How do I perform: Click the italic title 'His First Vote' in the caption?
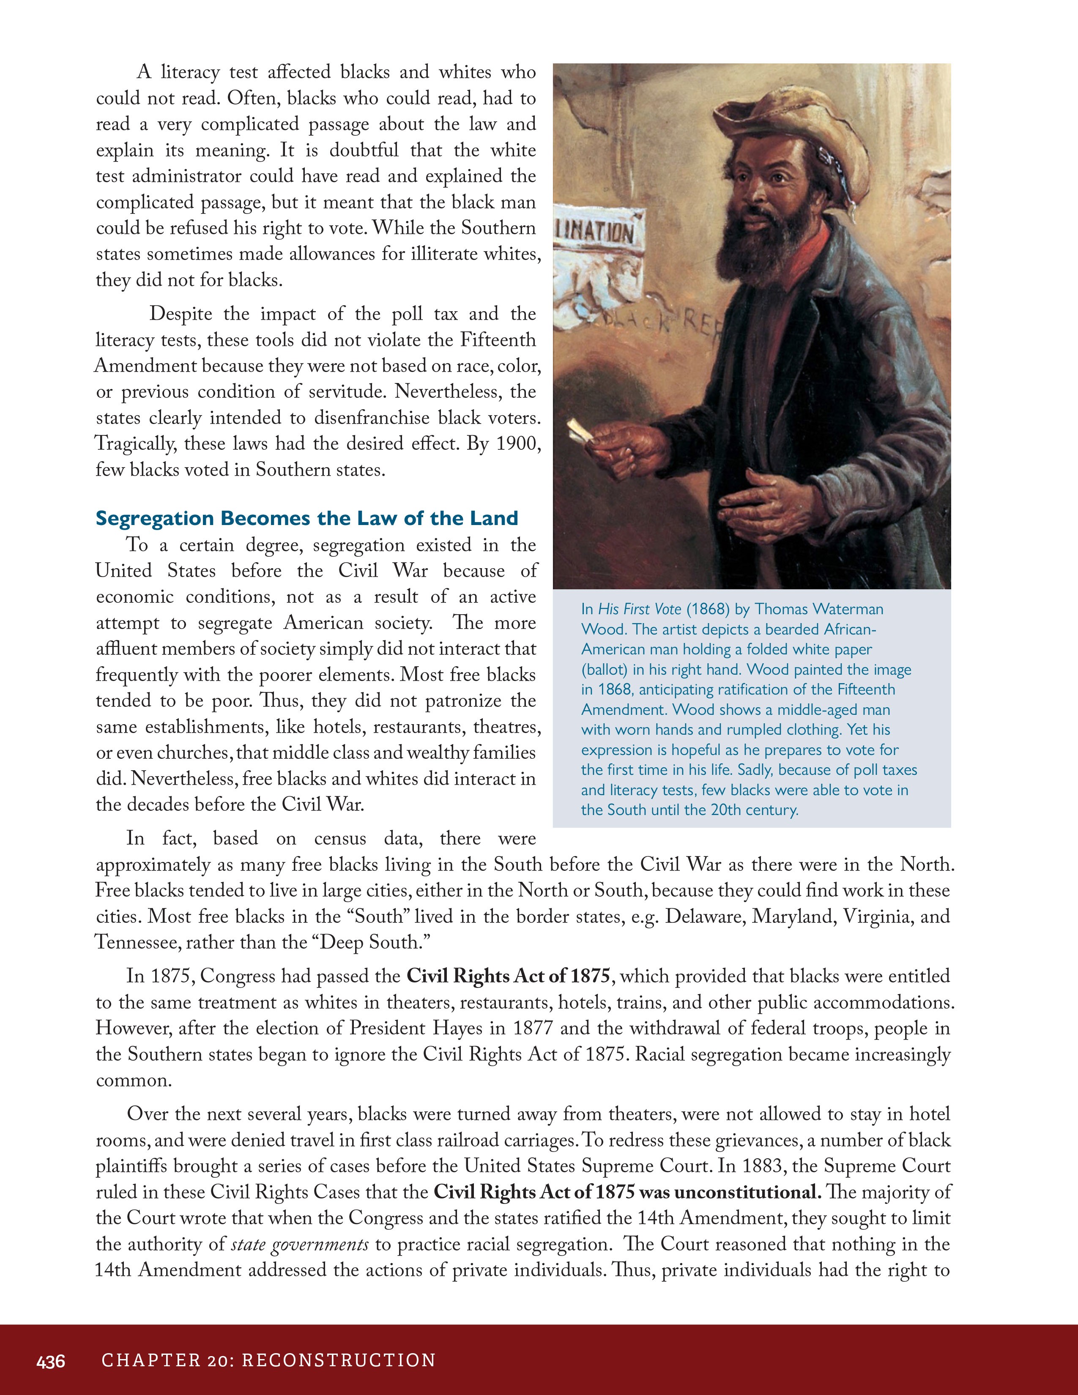[x=639, y=609]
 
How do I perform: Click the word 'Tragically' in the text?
[x=134, y=444]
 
